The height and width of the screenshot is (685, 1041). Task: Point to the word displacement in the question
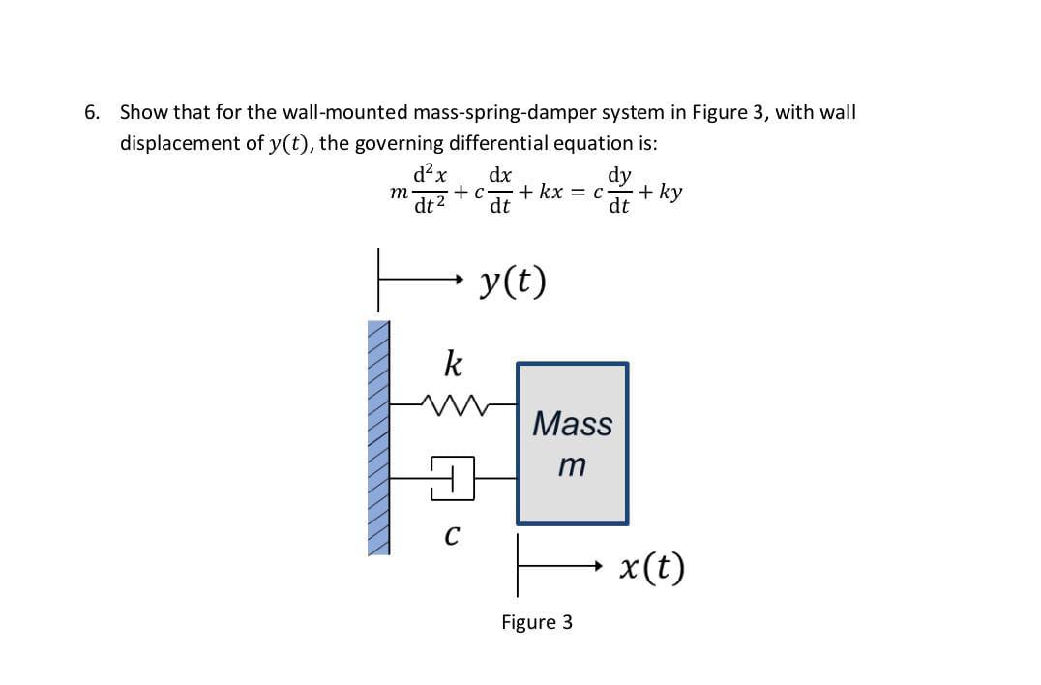(180, 144)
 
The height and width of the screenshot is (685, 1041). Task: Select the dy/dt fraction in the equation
(619, 191)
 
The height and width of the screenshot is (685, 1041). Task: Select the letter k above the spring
(452, 365)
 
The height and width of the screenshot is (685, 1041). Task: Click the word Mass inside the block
(573, 424)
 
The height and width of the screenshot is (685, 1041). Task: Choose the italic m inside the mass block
(572, 465)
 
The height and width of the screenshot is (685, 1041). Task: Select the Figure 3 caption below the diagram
(536, 622)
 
